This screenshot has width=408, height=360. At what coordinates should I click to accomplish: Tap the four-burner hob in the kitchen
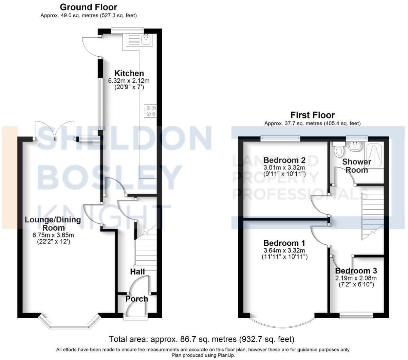point(150,111)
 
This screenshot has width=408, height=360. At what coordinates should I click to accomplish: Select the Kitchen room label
point(129,73)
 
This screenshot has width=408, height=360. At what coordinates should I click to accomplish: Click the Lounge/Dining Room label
point(53,224)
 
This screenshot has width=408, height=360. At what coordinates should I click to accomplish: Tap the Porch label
point(136,299)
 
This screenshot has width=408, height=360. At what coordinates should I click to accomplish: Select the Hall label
point(137,271)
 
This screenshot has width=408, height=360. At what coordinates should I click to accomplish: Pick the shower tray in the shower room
point(374,154)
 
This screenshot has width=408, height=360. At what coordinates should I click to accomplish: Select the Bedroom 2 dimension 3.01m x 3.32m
point(284,168)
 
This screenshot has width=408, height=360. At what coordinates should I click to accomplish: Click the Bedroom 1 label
point(284,243)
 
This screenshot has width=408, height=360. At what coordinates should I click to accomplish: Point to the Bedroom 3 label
point(356,271)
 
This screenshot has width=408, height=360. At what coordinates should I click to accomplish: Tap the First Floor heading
point(312,115)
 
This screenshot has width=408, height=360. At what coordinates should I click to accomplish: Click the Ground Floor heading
point(88,7)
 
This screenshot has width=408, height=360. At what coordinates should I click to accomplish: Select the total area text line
point(202,339)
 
